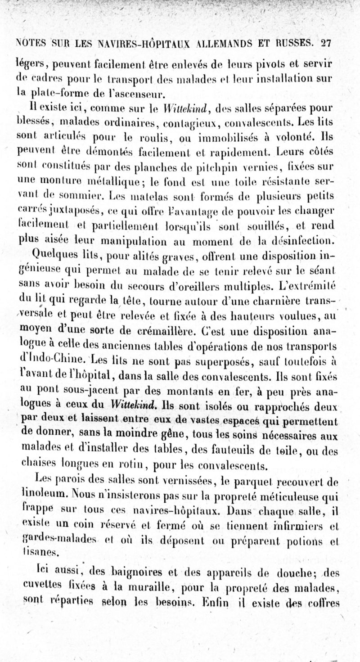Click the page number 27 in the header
pos(325,43)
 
